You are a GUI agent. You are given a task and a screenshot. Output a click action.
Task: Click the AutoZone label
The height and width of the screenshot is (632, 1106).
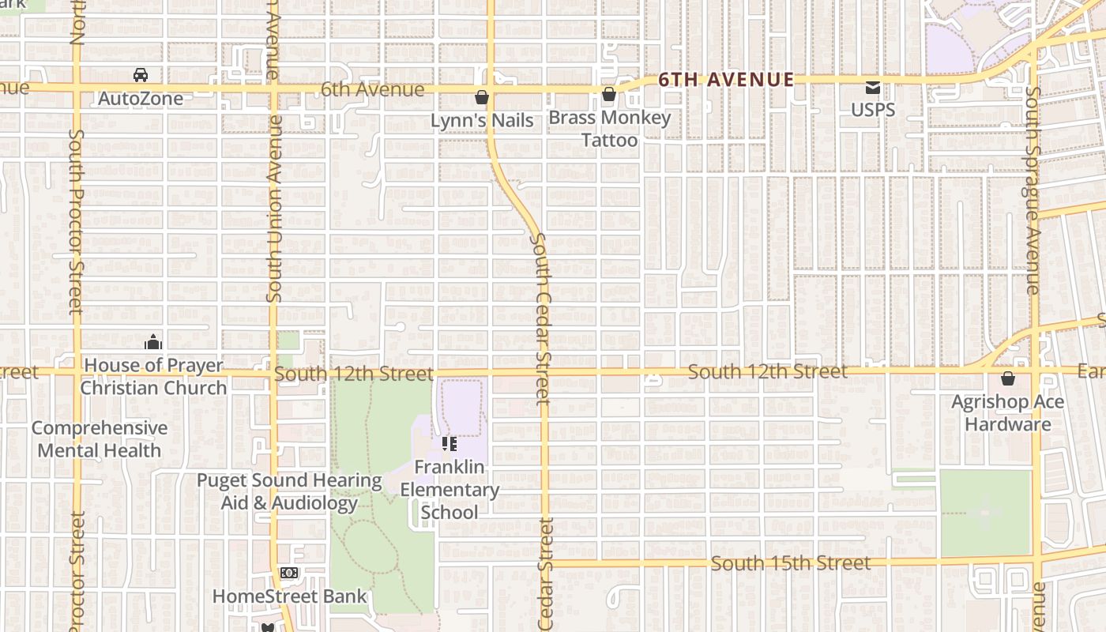(x=141, y=99)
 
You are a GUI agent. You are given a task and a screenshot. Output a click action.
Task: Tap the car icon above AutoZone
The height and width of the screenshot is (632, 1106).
(x=141, y=75)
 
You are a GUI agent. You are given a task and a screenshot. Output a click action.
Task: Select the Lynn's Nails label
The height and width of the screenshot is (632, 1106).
(x=482, y=121)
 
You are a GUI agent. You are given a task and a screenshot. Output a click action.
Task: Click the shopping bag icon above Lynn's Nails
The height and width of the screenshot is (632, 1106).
(x=481, y=97)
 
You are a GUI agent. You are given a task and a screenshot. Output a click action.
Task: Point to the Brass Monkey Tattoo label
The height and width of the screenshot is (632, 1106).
(x=609, y=129)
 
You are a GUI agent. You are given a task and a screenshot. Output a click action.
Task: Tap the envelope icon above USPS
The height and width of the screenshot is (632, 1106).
(x=873, y=87)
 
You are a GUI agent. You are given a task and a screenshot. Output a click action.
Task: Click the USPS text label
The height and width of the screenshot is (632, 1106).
(x=873, y=110)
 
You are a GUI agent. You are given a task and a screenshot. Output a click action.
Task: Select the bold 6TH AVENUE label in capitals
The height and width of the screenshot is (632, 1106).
(x=726, y=80)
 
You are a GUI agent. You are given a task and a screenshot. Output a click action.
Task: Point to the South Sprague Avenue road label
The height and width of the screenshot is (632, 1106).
(x=1033, y=190)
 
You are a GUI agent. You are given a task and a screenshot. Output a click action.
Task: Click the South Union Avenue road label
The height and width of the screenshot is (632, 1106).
(x=274, y=209)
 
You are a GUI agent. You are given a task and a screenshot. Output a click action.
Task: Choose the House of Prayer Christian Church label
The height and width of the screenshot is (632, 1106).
(x=153, y=377)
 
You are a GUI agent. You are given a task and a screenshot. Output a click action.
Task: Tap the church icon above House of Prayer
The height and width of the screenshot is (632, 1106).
(x=153, y=342)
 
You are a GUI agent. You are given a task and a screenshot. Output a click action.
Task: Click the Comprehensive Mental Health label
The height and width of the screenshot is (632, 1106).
(x=100, y=439)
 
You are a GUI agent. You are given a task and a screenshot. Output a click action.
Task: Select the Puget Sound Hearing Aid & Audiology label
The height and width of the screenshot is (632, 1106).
(x=289, y=491)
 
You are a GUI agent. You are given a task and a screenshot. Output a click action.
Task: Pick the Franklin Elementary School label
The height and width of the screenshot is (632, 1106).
(x=450, y=490)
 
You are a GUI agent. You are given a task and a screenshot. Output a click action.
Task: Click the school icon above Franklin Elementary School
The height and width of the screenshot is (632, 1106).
(x=450, y=444)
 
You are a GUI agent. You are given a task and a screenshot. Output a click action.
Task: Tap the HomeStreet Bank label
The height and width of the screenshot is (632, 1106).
(x=290, y=596)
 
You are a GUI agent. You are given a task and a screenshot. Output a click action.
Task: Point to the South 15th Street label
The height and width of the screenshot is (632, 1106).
(x=790, y=563)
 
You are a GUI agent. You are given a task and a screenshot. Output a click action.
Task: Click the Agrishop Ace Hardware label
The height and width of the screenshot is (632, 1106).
(x=1008, y=413)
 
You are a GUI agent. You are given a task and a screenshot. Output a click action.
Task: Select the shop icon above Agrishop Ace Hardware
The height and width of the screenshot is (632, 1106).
(x=1008, y=378)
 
